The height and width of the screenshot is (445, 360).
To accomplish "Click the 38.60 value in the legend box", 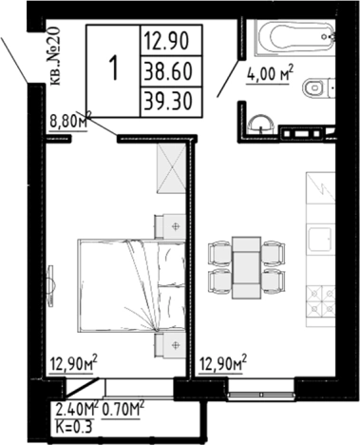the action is click(x=168, y=71).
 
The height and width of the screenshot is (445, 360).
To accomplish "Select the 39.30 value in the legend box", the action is click(x=168, y=102).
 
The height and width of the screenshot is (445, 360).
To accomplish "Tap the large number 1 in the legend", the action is click(x=113, y=68).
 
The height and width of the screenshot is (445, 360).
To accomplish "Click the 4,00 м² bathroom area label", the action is click(x=270, y=75).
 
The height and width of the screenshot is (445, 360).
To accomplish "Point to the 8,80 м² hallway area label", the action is click(x=70, y=121).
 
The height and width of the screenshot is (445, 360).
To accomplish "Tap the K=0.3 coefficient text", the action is click(x=73, y=427).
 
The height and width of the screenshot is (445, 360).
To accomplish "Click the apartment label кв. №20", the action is click(x=55, y=56).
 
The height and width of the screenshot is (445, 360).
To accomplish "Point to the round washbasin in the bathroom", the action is click(x=261, y=124).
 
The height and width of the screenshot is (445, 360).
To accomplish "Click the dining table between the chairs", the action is click(x=246, y=267).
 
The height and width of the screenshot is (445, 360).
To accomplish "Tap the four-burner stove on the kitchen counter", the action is click(x=321, y=300).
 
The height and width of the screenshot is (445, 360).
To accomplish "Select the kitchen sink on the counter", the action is click(x=321, y=240).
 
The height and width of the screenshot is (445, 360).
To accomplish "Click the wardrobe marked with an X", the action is click(x=171, y=168).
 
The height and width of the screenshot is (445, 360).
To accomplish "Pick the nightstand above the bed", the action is click(x=170, y=226).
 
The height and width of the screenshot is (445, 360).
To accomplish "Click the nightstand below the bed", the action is click(x=170, y=345).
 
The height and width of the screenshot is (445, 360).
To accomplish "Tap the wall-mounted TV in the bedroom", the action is click(x=51, y=286).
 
